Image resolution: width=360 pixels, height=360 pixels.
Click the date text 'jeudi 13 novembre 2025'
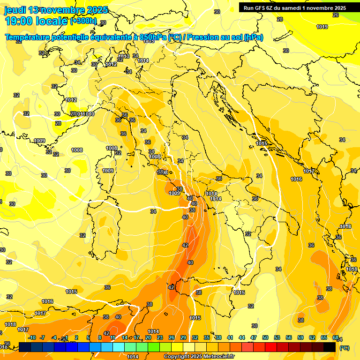[x=55, y=10]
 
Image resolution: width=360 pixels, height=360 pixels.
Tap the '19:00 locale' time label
[x=36, y=21]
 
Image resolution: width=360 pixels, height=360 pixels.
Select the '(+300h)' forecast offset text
[x=83, y=21]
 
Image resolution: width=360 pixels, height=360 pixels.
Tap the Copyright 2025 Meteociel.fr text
[x=198, y=357]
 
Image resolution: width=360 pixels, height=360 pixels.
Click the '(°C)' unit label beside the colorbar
[x=344, y=348]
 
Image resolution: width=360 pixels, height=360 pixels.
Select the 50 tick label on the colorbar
[x=265, y=337]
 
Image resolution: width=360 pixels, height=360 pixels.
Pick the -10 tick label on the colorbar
[x=32, y=337]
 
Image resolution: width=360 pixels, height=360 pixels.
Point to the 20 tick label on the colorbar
[x=148, y=337]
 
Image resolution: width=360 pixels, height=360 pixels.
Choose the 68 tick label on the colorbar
[x=336, y=337]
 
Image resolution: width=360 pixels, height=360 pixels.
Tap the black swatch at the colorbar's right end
[x=330, y=347]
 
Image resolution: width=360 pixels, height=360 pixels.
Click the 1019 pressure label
[x=322, y=27]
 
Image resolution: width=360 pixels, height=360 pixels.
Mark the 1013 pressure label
[x=123, y=57]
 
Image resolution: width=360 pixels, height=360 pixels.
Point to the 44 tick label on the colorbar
[x=242, y=337]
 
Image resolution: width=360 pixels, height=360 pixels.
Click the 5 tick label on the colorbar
[x=89, y=337]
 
